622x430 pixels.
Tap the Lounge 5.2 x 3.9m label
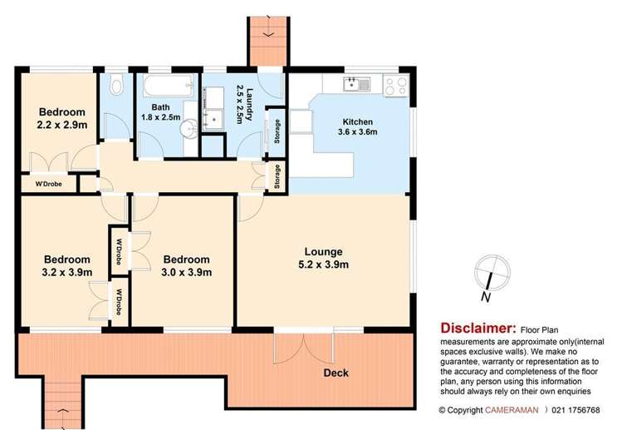point(323,258)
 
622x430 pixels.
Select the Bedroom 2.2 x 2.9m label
point(62,117)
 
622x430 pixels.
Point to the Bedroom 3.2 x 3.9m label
point(67,264)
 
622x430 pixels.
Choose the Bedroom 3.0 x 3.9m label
point(186,264)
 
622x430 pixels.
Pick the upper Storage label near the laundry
point(276,133)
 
